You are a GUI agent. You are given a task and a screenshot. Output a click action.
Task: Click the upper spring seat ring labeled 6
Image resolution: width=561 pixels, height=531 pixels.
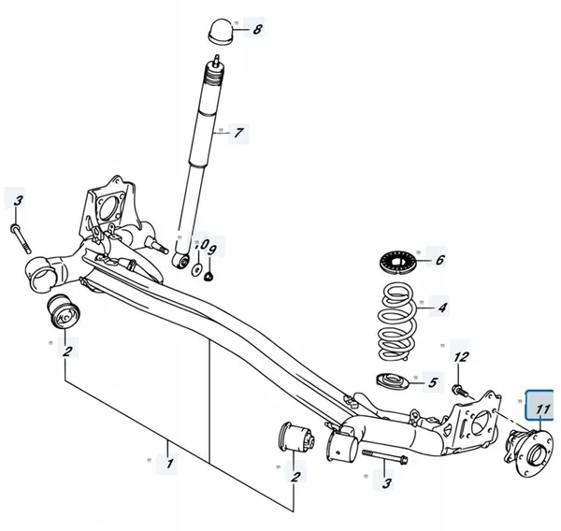[x=396, y=261]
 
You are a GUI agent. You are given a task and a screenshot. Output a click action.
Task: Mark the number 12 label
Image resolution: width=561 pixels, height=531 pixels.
[x=460, y=356]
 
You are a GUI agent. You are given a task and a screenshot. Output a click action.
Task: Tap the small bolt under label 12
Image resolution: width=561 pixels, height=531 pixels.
[x=457, y=387]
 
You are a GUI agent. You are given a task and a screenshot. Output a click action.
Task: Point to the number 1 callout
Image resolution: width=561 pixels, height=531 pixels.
[x=168, y=463]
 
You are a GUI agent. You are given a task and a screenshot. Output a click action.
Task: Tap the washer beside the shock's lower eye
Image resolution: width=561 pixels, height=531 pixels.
[x=197, y=271]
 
